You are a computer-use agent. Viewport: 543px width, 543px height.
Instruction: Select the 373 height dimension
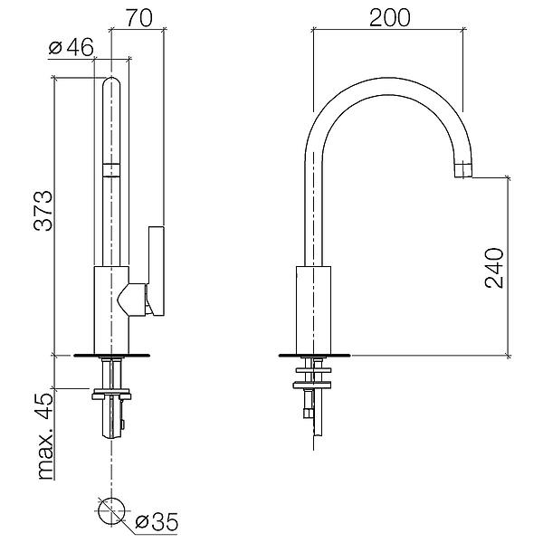coord(43,211)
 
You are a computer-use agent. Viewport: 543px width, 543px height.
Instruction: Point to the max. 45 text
coord(46,435)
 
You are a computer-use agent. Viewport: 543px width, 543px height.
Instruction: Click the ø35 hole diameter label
coord(157,521)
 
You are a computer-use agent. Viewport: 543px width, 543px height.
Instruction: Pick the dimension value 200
coord(390,18)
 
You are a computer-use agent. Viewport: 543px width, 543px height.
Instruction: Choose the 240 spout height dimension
coord(494,268)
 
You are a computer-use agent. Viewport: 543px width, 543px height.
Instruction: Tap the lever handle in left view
coord(157,271)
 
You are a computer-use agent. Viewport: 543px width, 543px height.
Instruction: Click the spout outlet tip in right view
coord(463,171)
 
